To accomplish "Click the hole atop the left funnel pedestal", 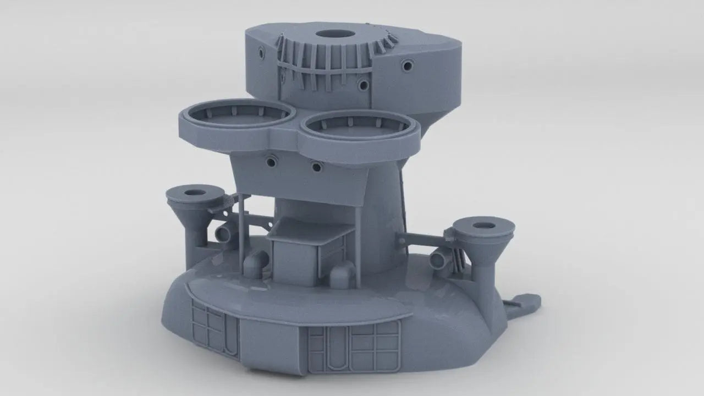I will pyautogui.click(x=193, y=193).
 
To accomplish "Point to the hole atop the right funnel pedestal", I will pyautogui.click(x=482, y=226).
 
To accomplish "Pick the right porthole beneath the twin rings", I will pyautogui.click(x=316, y=166).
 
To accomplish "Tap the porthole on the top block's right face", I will pyautogui.click(x=407, y=65).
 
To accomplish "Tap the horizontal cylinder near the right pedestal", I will pyautogui.click(x=439, y=257).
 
